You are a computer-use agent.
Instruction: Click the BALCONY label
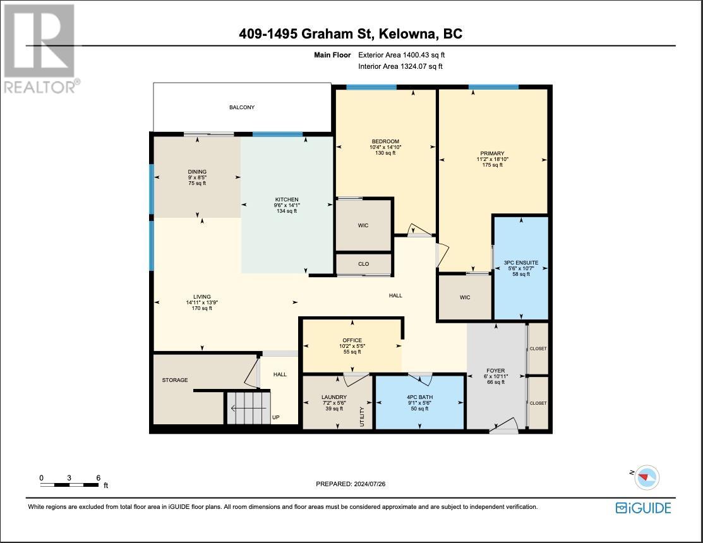[x=242, y=107]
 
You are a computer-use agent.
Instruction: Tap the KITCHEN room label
[x=287, y=200]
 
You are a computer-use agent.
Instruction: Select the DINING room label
[x=197, y=172]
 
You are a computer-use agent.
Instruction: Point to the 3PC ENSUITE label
[x=521, y=263]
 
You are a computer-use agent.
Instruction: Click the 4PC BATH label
[x=419, y=397]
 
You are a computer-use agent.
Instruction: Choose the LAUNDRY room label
[x=334, y=397]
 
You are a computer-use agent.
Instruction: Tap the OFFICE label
[x=352, y=340]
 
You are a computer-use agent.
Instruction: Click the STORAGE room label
[x=175, y=380]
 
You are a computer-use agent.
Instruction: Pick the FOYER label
[x=495, y=371]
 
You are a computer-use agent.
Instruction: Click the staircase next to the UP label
[x=248, y=408]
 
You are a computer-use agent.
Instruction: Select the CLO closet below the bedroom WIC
[x=364, y=264]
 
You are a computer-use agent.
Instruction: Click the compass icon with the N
[x=646, y=477]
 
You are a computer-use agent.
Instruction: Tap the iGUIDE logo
[x=644, y=508]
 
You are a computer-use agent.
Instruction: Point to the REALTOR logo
[x=40, y=49]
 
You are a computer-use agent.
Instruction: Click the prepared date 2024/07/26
[x=370, y=484]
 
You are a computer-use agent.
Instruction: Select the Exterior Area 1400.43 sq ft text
[x=401, y=55]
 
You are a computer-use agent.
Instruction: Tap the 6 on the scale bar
[x=98, y=478]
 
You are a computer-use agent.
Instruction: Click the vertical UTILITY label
[x=363, y=417]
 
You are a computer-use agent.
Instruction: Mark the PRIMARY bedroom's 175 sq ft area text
[x=492, y=165]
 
